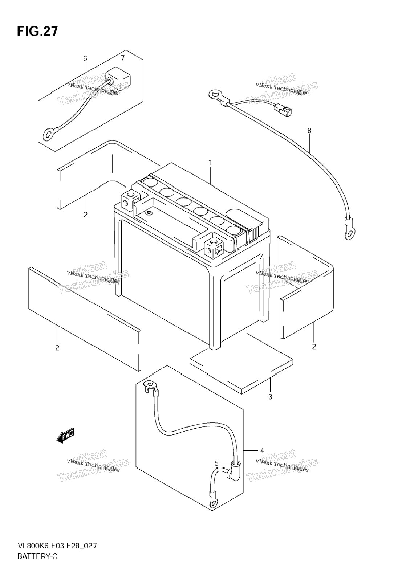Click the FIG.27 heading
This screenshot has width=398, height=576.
point(37,31)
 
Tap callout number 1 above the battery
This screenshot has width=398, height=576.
point(211,163)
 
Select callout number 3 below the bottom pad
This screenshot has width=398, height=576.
point(270,397)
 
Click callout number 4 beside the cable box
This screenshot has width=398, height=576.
point(262,450)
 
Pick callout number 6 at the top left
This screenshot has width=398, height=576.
point(85,58)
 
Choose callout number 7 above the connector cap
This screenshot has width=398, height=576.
point(123,58)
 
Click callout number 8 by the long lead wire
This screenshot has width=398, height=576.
point(309,131)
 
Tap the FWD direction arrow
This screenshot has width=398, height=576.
point(65,434)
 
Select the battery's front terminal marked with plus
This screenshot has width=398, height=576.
point(214,246)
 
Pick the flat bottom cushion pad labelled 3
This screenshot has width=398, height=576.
point(241,364)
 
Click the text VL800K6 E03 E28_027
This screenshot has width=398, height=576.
point(57,552)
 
